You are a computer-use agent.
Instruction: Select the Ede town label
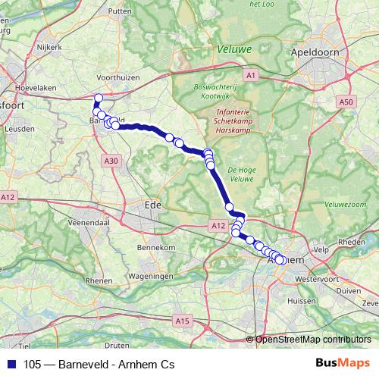pos(153,205)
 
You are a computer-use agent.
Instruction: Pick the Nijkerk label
pos(51,46)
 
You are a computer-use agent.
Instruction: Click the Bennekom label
pos(156,248)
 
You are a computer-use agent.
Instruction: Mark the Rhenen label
pos(99,280)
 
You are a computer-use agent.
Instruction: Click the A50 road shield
pos(346,102)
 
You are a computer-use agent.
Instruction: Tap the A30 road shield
pos(111,161)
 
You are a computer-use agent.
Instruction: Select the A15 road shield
pos(182,321)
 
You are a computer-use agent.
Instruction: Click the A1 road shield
pos(250,75)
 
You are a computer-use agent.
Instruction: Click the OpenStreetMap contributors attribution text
pos(313,340)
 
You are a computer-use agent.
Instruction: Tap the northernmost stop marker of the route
pos(98,97)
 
